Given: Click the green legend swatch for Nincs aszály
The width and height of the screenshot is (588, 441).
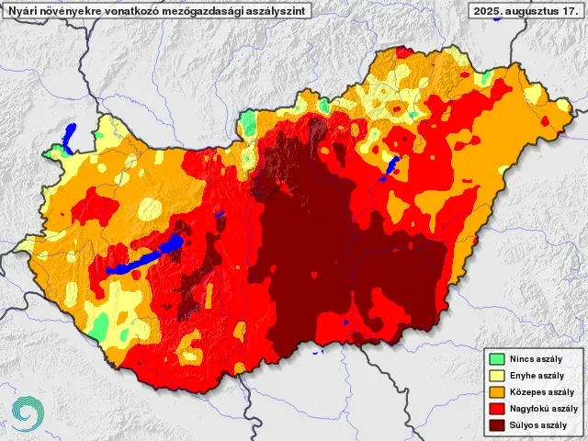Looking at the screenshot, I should (497, 359).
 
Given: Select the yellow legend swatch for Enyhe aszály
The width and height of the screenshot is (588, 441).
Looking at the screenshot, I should (497, 376).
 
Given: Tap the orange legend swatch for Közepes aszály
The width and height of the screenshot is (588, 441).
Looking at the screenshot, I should (497, 392).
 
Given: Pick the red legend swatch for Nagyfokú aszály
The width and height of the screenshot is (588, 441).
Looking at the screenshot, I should (497, 409).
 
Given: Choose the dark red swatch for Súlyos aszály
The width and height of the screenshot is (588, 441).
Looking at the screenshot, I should (497, 425).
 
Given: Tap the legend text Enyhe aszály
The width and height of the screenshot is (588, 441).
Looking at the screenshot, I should (537, 376).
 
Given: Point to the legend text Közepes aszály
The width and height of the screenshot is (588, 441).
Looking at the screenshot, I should (542, 392).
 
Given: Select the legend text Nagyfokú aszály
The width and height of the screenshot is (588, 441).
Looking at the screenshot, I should (544, 409).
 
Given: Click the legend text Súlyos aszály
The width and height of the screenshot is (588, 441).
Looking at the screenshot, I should (539, 425).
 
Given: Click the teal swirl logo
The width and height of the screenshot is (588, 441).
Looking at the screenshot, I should (27, 413).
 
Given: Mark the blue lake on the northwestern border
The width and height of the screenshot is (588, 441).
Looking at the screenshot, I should (68, 138).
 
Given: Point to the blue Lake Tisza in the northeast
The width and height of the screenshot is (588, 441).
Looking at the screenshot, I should (390, 168).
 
